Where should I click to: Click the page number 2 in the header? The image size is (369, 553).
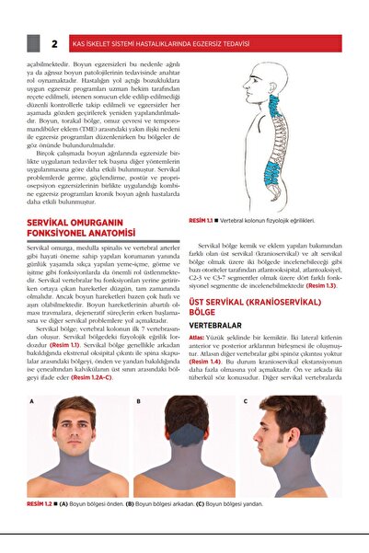[x=54, y=43]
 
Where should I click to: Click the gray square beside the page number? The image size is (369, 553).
[x=34, y=43]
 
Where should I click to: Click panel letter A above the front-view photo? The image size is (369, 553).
[x=31, y=402]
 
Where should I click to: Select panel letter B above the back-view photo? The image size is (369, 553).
[x=138, y=402]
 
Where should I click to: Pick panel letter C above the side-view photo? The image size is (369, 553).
[x=246, y=402]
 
